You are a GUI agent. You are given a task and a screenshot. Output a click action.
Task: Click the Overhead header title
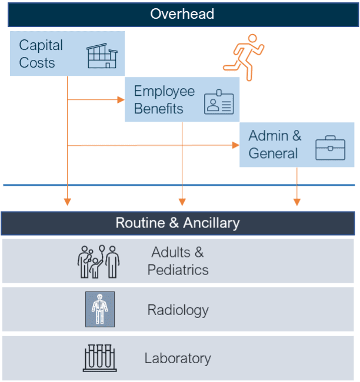[x=182, y=14]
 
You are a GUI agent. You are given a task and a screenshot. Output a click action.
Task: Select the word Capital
[x=41, y=45]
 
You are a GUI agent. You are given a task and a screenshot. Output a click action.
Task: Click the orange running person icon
[x=244, y=57]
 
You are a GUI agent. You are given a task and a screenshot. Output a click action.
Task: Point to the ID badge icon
[x=218, y=102]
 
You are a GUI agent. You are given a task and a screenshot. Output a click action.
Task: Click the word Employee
[x=164, y=91]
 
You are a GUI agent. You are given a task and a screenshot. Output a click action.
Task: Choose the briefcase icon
[x=330, y=148]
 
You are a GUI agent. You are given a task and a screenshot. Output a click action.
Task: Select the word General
[x=273, y=153]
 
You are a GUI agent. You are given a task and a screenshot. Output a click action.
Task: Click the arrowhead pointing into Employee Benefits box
[x=121, y=100]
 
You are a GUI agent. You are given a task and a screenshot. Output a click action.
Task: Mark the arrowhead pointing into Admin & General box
[x=236, y=145]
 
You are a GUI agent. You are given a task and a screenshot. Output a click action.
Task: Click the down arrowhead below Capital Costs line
[x=68, y=202]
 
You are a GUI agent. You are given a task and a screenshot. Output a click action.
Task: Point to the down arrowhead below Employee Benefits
[x=182, y=202]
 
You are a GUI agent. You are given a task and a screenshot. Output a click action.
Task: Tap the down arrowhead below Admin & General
[x=297, y=202]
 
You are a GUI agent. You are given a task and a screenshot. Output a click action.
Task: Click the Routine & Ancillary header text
[x=177, y=223]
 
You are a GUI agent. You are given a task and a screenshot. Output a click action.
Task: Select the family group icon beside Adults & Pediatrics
[x=98, y=261]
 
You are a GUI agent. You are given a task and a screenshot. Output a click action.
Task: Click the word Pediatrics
[x=178, y=270]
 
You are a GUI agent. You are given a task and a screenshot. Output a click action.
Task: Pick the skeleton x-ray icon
[x=99, y=309]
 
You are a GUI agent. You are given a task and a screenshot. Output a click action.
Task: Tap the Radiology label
[x=178, y=310]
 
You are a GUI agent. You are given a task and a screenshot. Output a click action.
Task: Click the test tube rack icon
[x=99, y=358]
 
